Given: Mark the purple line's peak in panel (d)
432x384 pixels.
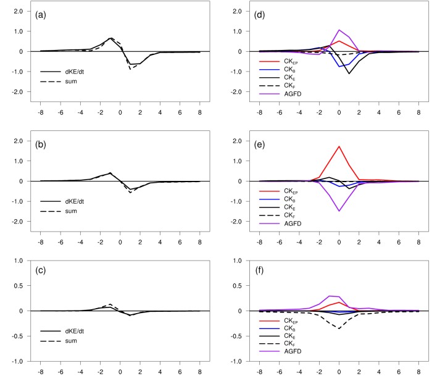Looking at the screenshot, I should [339, 30].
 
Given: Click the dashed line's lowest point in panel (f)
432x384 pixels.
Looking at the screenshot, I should [339, 328].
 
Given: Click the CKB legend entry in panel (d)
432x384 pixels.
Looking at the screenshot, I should [279, 70].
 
